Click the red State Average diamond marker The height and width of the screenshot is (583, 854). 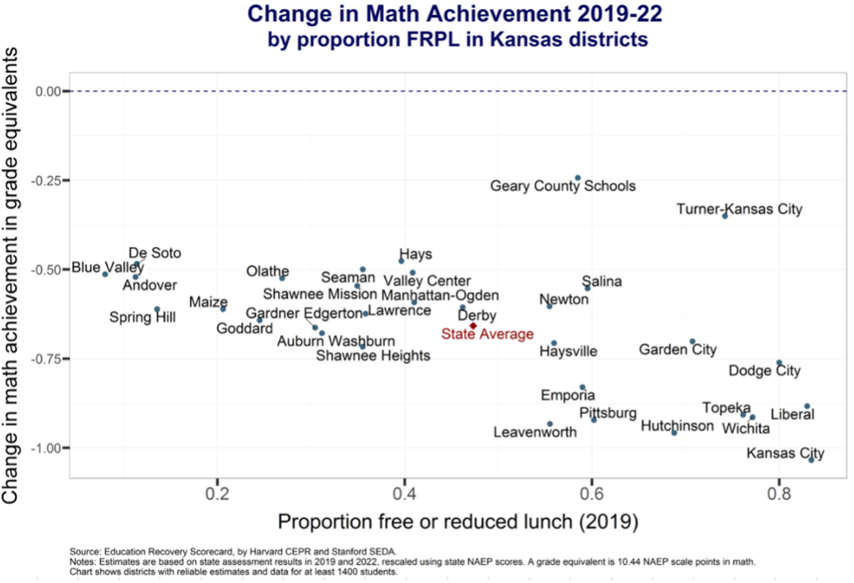473,326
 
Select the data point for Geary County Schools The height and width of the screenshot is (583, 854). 578,178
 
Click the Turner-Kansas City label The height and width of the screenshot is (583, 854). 739,209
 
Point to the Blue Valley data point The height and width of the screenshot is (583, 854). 105,274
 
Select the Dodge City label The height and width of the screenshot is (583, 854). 764,371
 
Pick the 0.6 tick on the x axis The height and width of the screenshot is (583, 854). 592,494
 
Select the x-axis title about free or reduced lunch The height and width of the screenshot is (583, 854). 458,522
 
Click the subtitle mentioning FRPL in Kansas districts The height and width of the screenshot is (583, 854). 457,39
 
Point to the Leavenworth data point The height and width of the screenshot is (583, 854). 550,424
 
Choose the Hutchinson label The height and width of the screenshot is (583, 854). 677,426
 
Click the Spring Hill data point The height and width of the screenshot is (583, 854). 157,310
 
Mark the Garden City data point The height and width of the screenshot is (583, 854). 692,341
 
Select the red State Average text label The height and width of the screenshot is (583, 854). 487,334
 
